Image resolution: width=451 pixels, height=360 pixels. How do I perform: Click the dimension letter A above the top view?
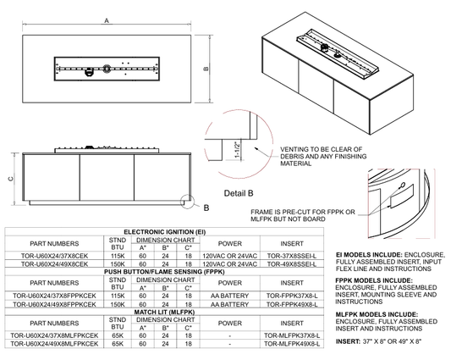tap(107, 20)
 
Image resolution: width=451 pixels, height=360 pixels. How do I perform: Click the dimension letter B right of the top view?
tap(206, 69)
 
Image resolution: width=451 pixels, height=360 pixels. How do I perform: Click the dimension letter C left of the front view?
tap(11, 179)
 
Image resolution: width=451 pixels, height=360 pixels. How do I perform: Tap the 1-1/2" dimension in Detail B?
tap(238, 149)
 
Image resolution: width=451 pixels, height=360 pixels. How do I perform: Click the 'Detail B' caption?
tap(239, 193)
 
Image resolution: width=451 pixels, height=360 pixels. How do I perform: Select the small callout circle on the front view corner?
tap(188, 202)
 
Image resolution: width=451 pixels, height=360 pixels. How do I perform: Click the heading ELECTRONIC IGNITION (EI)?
tap(164, 232)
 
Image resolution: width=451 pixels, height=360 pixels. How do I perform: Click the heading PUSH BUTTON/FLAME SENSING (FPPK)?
tap(164, 272)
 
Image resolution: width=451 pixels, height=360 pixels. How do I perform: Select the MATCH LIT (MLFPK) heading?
tap(164, 312)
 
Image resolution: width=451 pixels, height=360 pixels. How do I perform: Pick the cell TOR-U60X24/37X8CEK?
tap(54, 256)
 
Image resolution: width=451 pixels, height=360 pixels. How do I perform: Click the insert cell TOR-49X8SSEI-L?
tap(291, 263)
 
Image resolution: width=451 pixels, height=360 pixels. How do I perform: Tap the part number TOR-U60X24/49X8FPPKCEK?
tap(54, 304)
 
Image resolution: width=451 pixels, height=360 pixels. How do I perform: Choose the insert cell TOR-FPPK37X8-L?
tap(292, 296)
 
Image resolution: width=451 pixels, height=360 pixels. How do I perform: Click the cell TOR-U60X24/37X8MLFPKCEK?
tap(54, 335)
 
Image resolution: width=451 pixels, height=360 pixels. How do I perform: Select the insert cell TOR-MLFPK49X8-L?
tap(292, 344)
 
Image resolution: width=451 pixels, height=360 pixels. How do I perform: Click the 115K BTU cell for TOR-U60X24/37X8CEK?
tap(118, 256)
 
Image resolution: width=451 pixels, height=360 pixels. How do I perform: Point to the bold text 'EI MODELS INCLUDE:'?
tap(369, 255)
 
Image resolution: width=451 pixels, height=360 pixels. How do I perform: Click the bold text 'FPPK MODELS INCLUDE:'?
tap(374, 280)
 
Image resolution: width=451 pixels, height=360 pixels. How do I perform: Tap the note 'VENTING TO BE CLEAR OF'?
tap(321, 149)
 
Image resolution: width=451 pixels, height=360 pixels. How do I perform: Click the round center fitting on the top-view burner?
tap(107, 69)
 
